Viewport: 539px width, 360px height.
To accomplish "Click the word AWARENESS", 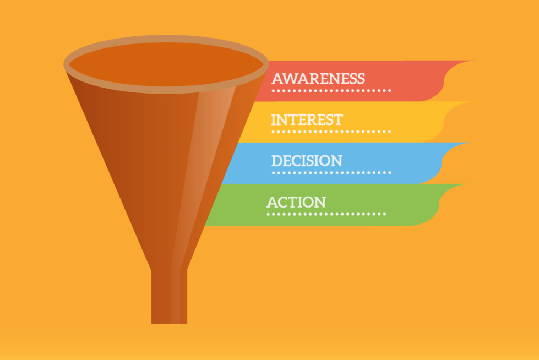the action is pyautogui.click(x=318, y=79).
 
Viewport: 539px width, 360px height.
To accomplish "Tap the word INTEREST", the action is pyautogui.click(x=307, y=119).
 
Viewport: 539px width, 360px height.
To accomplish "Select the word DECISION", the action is pyautogui.click(x=307, y=161).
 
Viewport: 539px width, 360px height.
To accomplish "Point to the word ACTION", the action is pyautogui.click(x=296, y=202).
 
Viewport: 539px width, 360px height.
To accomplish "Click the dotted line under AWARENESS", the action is pyautogui.click(x=331, y=91).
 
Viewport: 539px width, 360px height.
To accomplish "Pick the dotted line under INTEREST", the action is pyautogui.click(x=331, y=132).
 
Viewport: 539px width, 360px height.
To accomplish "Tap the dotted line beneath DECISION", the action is pyautogui.click(x=331, y=173).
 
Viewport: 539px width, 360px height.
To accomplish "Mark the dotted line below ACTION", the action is pyautogui.click(x=326, y=214).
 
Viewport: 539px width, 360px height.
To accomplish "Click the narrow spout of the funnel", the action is pyautogui.click(x=169, y=296).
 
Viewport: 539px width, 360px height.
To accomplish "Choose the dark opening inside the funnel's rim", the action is pyautogui.click(x=166, y=64).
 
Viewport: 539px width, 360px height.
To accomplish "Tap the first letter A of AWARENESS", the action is pyautogui.click(x=277, y=79).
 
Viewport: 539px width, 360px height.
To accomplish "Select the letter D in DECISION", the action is pyautogui.click(x=277, y=161).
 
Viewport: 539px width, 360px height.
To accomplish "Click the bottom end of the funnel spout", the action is pyautogui.click(x=169, y=323).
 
